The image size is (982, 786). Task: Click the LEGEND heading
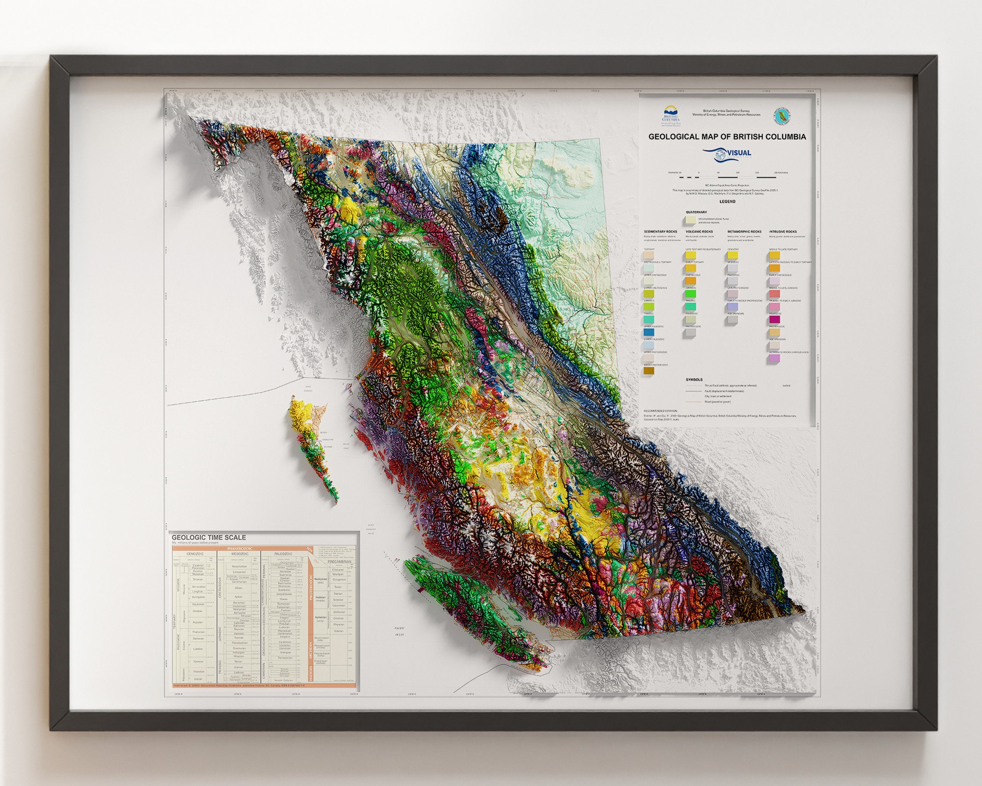tap(727, 201)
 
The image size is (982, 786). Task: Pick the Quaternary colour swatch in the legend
tap(691, 220)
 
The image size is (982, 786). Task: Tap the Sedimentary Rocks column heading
tap(660, 231)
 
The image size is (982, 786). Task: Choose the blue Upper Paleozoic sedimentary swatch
tap(649, 333)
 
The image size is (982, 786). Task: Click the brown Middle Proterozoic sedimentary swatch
tap(649, 371)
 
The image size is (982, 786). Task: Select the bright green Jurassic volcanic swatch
tap(690, 294)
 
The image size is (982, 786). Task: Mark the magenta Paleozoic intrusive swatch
tap(774, 320)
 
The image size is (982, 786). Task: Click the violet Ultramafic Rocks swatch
tap(774, 358)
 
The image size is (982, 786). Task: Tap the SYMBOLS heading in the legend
tap(694, 380)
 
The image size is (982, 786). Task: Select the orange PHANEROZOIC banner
tap(240, 548)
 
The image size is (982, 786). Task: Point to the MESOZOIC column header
tap(239, 554)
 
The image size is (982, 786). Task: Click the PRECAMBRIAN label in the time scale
tap(339, 561)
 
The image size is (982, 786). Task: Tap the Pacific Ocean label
tap(399, 632)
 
